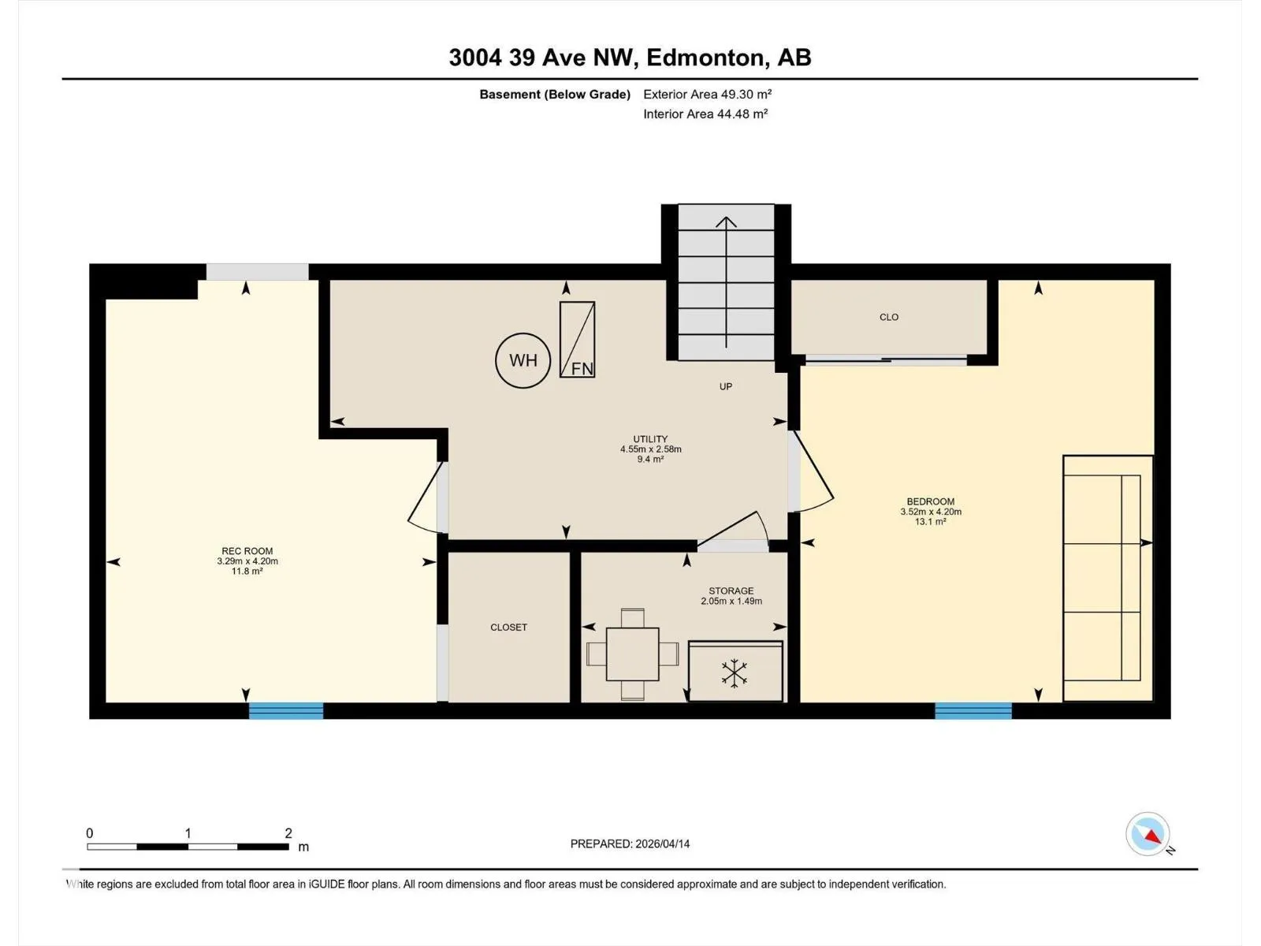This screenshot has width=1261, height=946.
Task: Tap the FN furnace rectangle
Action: (x=577, y=340)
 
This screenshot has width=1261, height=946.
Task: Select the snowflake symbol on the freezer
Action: (x=735, y=673)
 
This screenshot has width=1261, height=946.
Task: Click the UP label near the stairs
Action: (x=726, y=386)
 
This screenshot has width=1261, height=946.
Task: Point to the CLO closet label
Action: (x=889, y=317)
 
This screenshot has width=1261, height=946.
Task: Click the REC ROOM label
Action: (x=247, y=551)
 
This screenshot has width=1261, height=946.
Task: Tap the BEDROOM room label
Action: (x=930, y=501)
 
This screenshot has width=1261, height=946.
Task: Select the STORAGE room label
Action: (x=731, y=590)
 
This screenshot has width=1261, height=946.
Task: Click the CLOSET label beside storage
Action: (x=508, y=628)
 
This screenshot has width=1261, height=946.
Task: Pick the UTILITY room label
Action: (x=650, y=439)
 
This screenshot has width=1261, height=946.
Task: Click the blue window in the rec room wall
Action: (x=286, y=710)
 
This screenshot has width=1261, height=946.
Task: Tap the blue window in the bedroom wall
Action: (x=973, y=710)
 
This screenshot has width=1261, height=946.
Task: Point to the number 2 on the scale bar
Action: (x=288, y=832)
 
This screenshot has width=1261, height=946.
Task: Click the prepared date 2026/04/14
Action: (x=662, y=844)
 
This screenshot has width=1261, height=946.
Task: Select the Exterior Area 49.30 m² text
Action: (x=707, y=94)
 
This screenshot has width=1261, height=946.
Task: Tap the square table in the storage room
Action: (x=632, y=654)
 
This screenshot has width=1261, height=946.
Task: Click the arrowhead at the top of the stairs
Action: (x=726, y=222)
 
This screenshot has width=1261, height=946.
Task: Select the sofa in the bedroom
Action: (x=1107, y=579)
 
